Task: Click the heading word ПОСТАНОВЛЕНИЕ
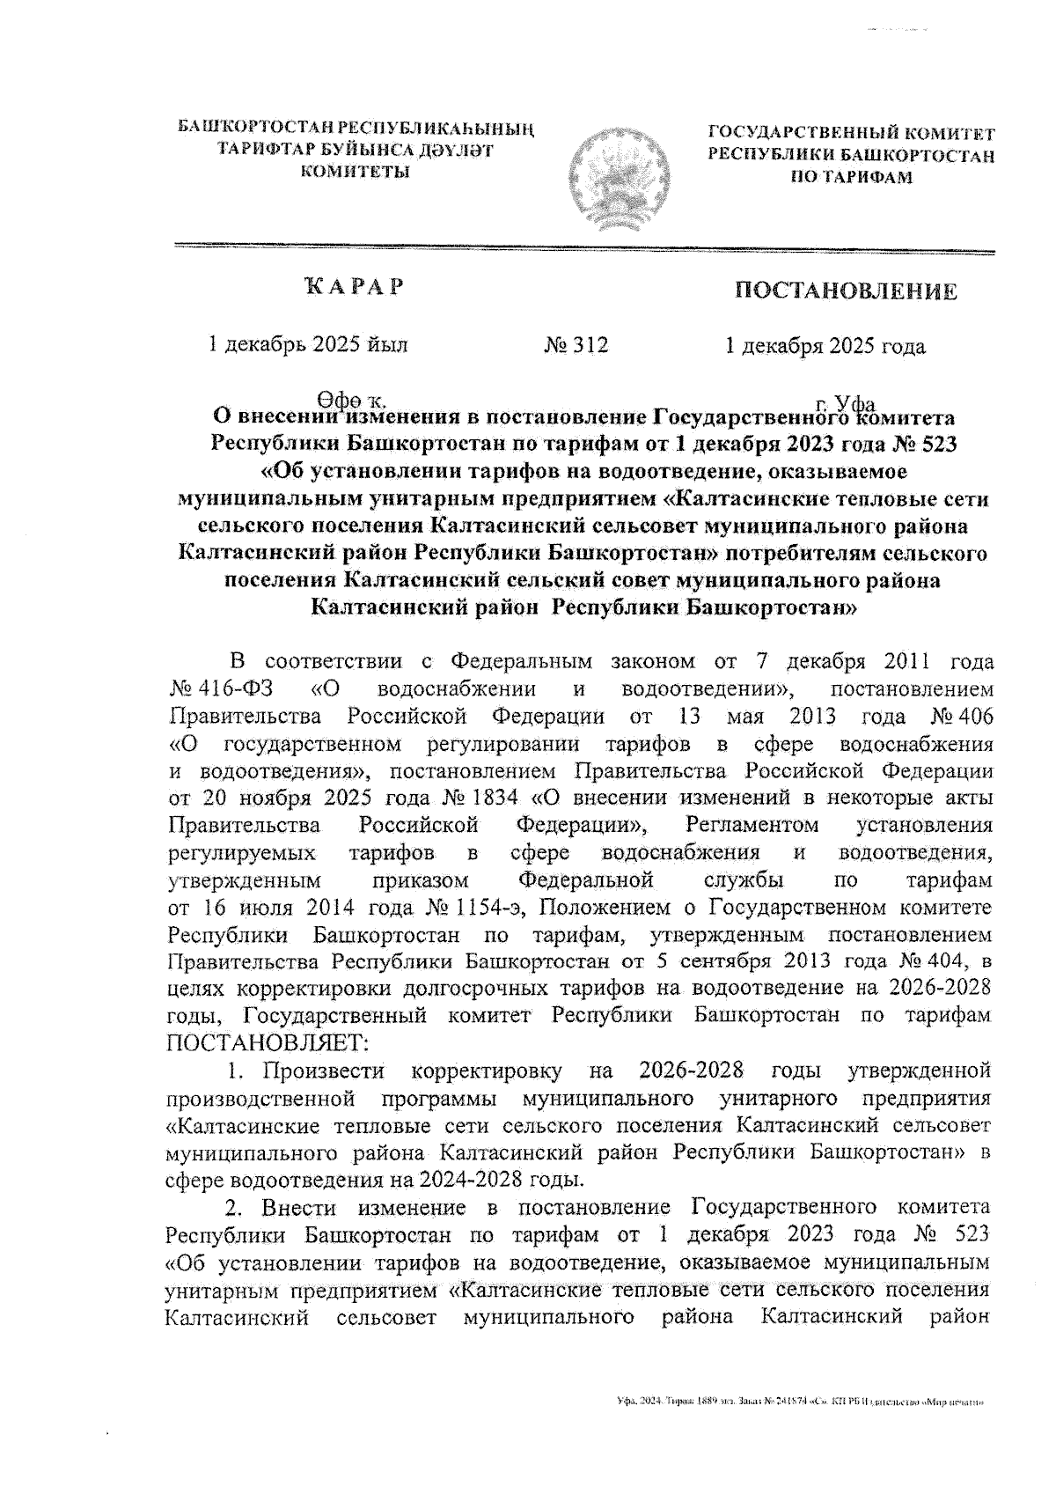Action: point(846,291)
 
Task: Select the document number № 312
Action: point(576,345)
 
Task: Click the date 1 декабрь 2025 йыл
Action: point(306,345)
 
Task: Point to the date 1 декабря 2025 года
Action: point(825,346)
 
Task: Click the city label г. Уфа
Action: point(844,403)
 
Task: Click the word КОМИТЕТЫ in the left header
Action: point(356,171)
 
